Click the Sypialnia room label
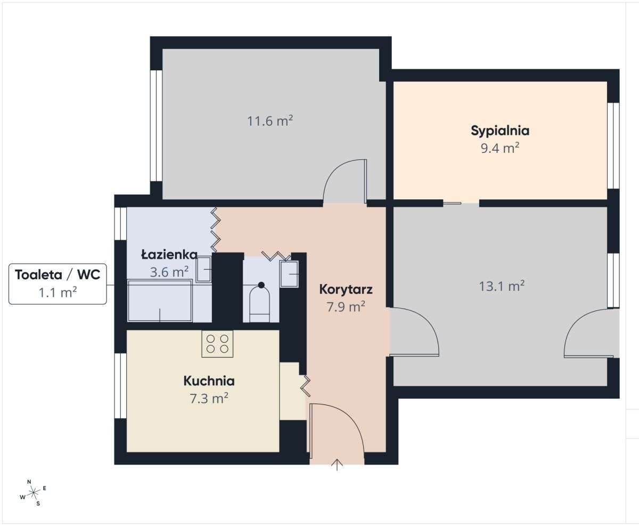(x=499, y=131)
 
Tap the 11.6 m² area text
(x=270, y=121)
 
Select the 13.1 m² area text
(x=502, y=286)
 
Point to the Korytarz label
(x=346, y=290)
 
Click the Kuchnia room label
(x=209, y=381)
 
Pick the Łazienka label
(x=169, y=255)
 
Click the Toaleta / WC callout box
(x=58, y=284)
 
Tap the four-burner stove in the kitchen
(x=217, y=344)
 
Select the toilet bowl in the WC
(x=260, y=304)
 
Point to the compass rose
(x=34, y=491)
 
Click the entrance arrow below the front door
(x=337, y=464)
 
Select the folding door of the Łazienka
(x=216, y=229)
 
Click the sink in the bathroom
(x=204, y=269)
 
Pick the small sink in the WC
(x=289, y=274)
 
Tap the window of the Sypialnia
(x=613, y=145)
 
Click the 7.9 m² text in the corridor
(x=346, y=306)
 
